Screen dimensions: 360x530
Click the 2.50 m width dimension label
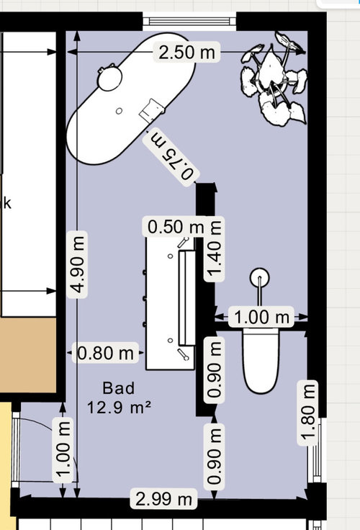(187, 52)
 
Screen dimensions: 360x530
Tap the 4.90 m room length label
(78, 265)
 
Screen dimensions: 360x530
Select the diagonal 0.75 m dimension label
(171, 158)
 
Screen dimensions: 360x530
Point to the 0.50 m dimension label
(176, 226)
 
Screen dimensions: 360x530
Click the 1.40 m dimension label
(214, 249)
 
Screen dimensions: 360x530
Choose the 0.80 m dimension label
(106, 354)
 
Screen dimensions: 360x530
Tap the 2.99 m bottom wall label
(163, 498)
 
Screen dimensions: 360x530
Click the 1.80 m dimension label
(307, 413)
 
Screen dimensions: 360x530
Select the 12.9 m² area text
(119, 407)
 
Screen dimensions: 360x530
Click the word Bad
(119, 388)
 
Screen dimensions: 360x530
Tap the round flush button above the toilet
(260, 277)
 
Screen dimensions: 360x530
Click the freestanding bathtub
(131, 99)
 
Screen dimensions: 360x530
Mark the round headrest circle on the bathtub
(109, 78)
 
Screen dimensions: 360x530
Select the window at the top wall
(189, 22)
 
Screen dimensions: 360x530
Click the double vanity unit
(171, 303)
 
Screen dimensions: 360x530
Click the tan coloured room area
(27, 355)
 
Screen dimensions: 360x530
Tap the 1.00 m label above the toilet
(261, 317)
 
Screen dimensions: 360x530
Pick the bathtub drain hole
(119, 111)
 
